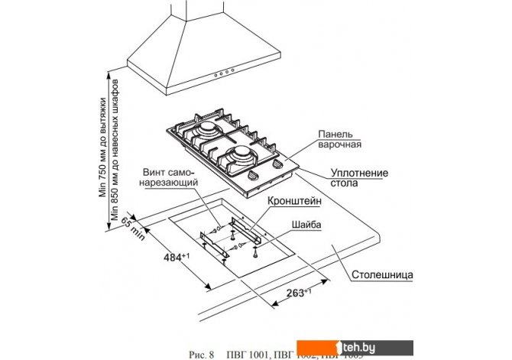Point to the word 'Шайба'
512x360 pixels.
coord(306,225)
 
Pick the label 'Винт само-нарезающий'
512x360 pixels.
coord(170,178)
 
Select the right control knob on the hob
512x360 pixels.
coord(276,171)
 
